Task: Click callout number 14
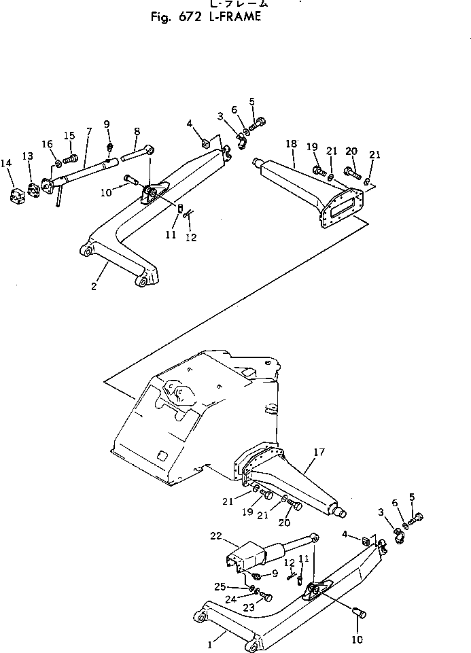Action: point(6,163)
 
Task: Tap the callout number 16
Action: point(47,143)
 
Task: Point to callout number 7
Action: point(88,130)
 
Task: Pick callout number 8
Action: point(137,130)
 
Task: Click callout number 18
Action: point(291,145)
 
